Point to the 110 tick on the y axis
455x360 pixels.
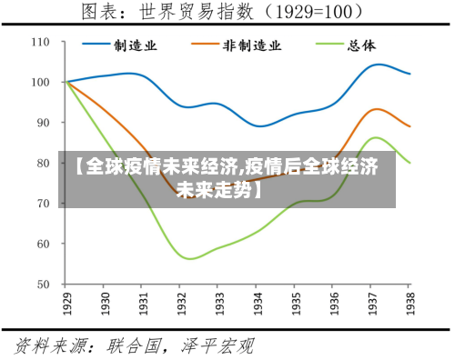[41, 42]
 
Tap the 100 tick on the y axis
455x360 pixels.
[41, 82]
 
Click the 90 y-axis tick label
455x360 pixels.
[44, 123]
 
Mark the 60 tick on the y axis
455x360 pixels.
[44, 244]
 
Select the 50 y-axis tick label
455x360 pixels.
[44, 284]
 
